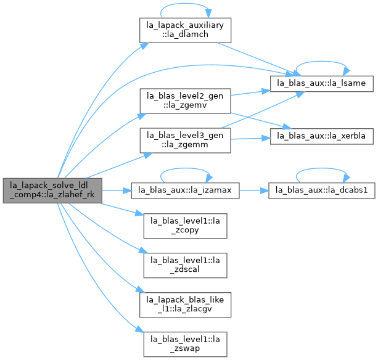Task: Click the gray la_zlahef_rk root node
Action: (x=52, y=190)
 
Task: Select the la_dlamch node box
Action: (x=185, y=30)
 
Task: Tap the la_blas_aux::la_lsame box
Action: (x=322, y=84)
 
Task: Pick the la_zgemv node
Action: (x=185, y=101)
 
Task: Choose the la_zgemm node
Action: (x=185, y=141)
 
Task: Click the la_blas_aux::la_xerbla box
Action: (x=322, y=136)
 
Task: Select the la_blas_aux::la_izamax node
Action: (x=185, y=190)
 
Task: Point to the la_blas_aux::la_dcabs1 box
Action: (x=322, y=190)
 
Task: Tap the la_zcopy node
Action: (x=185, y=226)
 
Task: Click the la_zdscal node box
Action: (x=185, y=265)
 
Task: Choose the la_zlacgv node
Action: (x=185, y=305)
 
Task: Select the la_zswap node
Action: (x=185, y=345)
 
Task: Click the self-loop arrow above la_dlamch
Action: (x=185, y=4)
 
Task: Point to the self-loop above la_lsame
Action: (x=322, y=62)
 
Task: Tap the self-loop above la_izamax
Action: (x=185, y=168)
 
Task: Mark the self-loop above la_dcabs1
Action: (x=322, y=168)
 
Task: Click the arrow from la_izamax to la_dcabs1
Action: (x=254, y=190)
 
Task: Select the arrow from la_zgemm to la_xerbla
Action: (x=250, y=139)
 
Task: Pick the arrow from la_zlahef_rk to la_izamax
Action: (x=117, y=190)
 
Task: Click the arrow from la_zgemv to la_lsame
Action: (x=250, y=92)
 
